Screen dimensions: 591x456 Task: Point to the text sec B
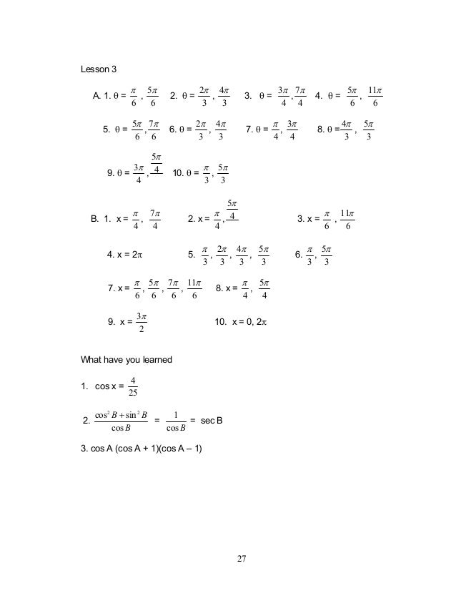tap(211, 421)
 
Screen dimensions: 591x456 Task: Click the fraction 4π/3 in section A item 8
tap(346, 130)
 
